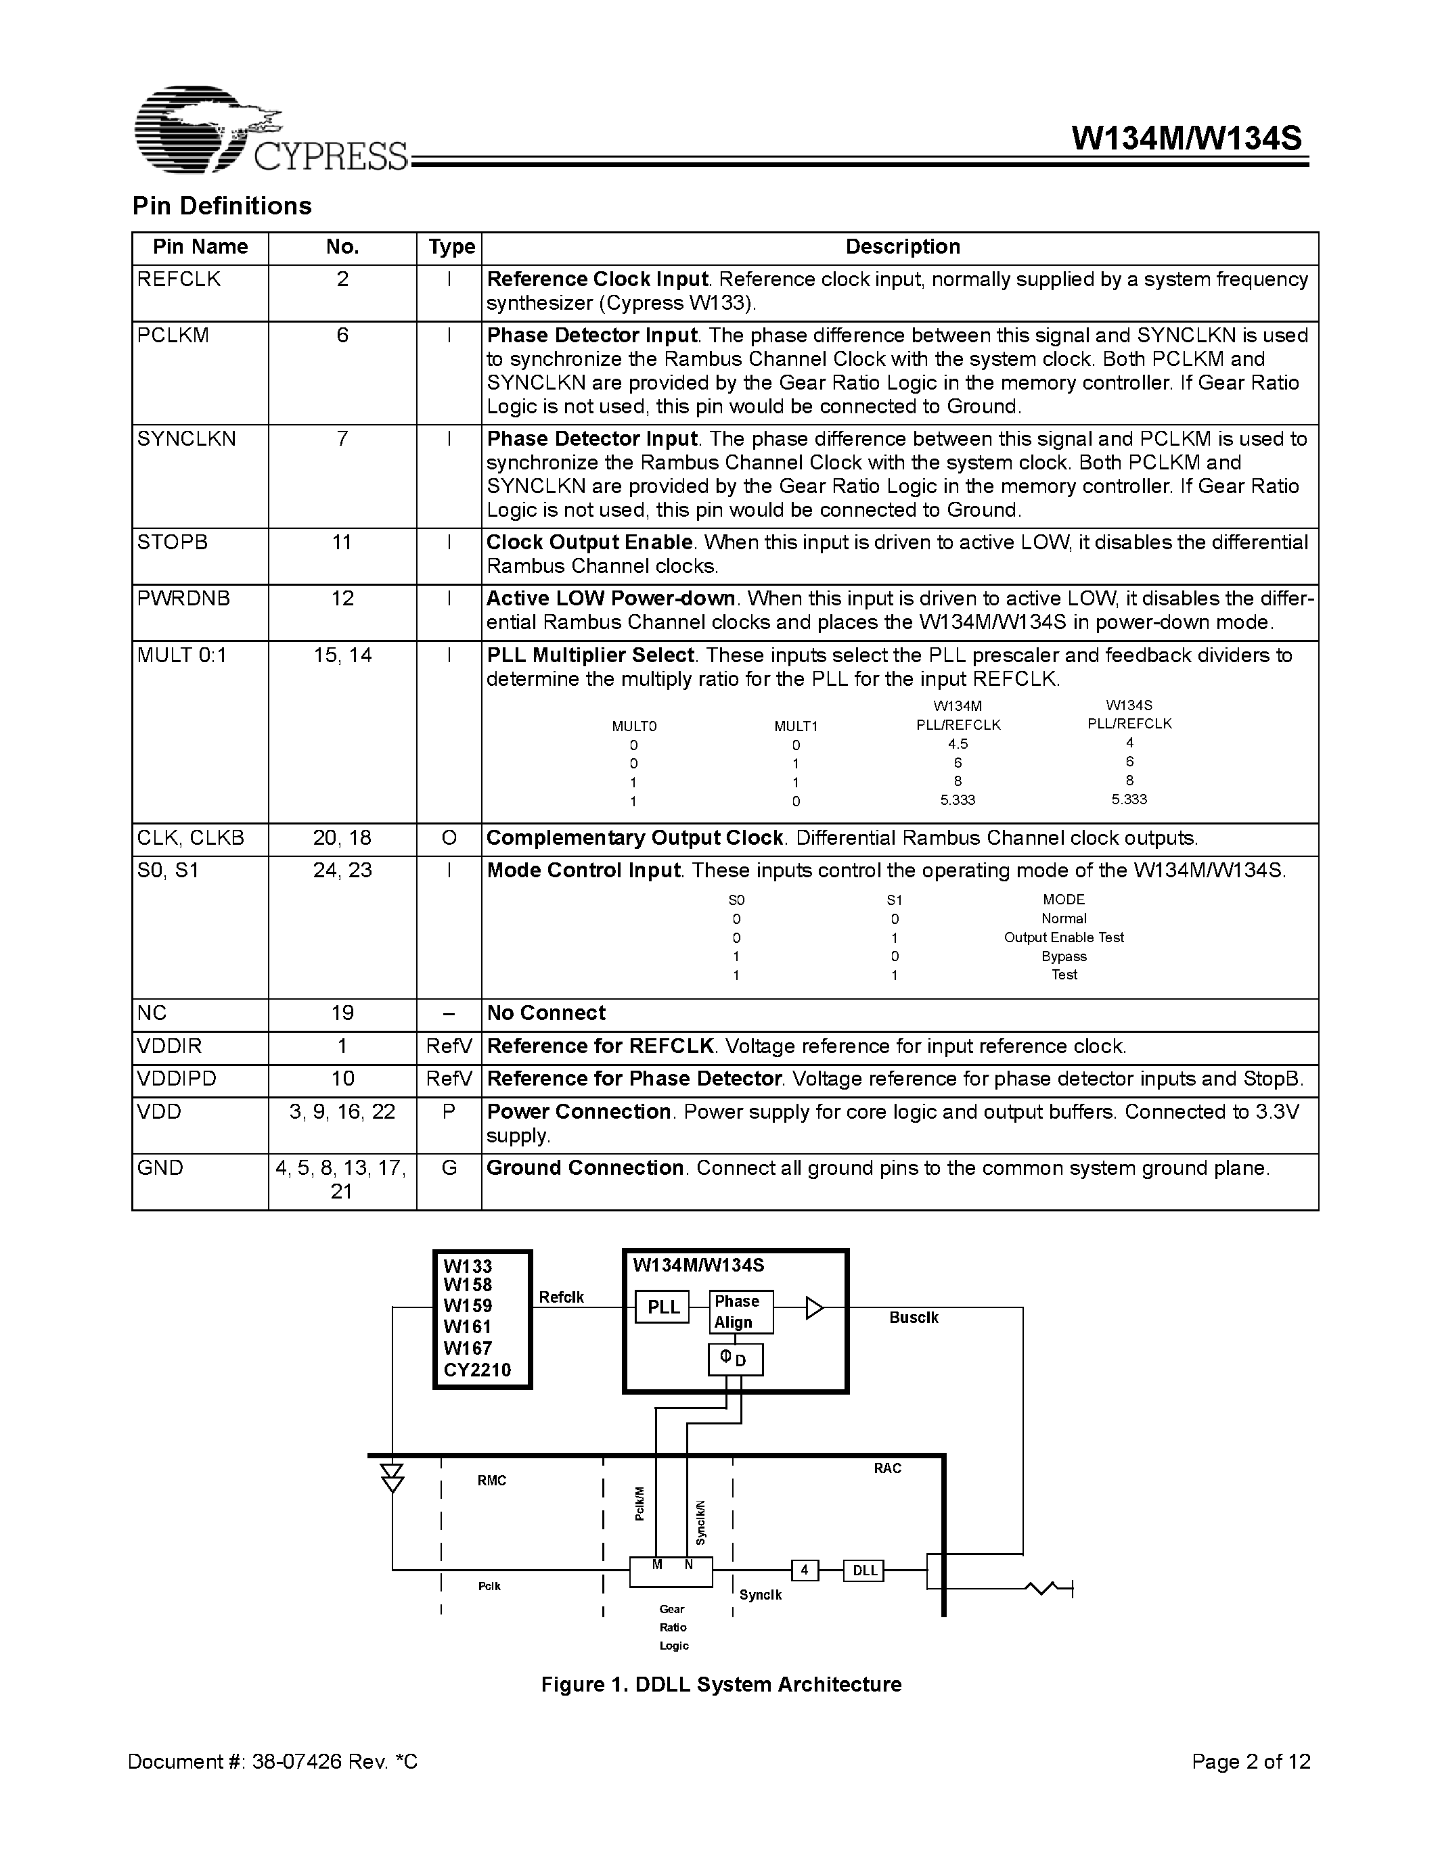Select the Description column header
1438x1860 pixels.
pyautogui.click(x=902, y=247)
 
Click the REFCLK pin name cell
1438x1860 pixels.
pyautogui.click(x=179, y=279)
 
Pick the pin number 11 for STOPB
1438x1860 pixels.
pyautogui.click(x=342, y=542)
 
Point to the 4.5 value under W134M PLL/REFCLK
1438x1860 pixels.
pyautogui.click(x=958, y=743)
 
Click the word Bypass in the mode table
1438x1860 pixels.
pyautogui.click(x=1063, y=956)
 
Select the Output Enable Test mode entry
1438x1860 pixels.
pyautogui.click(x=1063, y=937)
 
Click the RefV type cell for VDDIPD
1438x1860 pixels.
pyautogui.click(x=449, y=1079)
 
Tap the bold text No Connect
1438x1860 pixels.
pyautogui.click(x=545, y=1013)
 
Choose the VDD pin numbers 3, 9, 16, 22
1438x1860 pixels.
pyautogui.click(x=342, y=1112)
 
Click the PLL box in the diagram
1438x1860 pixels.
pyautogui.click(x=662, y=1307)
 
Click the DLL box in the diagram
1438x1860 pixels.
pyautogui.click(x=864, y=1571)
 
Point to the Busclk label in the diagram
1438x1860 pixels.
pyautogui.click(x=914, y=1318)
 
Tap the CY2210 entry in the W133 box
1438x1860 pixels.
pyautogui.click(x=477, y=1370)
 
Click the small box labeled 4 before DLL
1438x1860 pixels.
pyautogui.click(x=804, y=1571)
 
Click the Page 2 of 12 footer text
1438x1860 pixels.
pyautogui.click(x=1251, y=1762)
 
